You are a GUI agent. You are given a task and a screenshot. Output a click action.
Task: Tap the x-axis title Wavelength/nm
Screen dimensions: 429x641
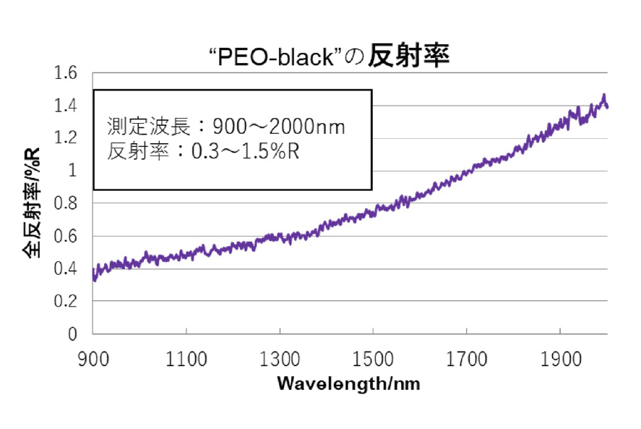[x=348, y=383]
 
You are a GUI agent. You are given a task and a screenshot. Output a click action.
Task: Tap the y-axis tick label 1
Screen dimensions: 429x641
[x=72, y=171]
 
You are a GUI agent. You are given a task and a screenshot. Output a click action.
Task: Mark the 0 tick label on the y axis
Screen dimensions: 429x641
[x=72, y=335]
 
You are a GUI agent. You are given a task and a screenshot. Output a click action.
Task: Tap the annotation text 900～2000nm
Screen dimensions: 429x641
[x=279, y=127]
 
